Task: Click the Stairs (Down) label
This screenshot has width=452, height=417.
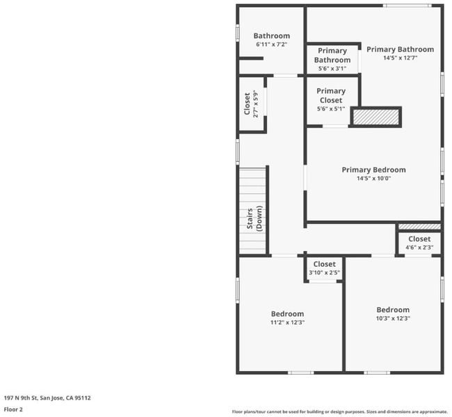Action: [x=255, y=218]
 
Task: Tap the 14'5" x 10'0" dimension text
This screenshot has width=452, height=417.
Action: [x=373, y=179]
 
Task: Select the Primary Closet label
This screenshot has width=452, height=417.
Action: [x=331, y=96]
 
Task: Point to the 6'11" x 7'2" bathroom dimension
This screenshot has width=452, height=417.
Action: [x=271, y=44]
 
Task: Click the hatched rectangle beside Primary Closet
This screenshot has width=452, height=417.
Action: [x=376, y=117]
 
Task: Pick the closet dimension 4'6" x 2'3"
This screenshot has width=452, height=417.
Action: [x=419, y=247]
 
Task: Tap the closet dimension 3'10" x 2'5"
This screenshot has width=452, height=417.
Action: [x=324, y=272]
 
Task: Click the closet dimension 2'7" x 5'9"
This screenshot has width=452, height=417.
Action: [x=255, y=104]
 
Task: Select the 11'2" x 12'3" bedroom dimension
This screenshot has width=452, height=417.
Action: [x=287, y=322]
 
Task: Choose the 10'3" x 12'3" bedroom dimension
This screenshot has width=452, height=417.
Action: [x=393, y=318]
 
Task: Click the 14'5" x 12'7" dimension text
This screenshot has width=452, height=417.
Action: [x=400, y=58]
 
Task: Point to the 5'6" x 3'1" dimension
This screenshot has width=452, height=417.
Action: [x=332, y=69]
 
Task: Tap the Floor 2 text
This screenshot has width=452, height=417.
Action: [x=13, y=409]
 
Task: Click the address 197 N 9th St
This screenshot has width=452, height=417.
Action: [x=21, y=398]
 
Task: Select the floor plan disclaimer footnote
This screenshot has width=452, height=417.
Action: [x=339, y=412]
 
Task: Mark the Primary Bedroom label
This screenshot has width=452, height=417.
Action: [x=373, y=170]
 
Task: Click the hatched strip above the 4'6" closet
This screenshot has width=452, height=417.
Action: [x=419, y=227]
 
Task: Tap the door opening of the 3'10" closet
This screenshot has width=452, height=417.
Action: [x=323, y=281]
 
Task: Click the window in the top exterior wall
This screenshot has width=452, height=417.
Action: [x=407, y=6]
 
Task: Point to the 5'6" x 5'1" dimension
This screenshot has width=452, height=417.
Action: [x=331, y=109]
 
